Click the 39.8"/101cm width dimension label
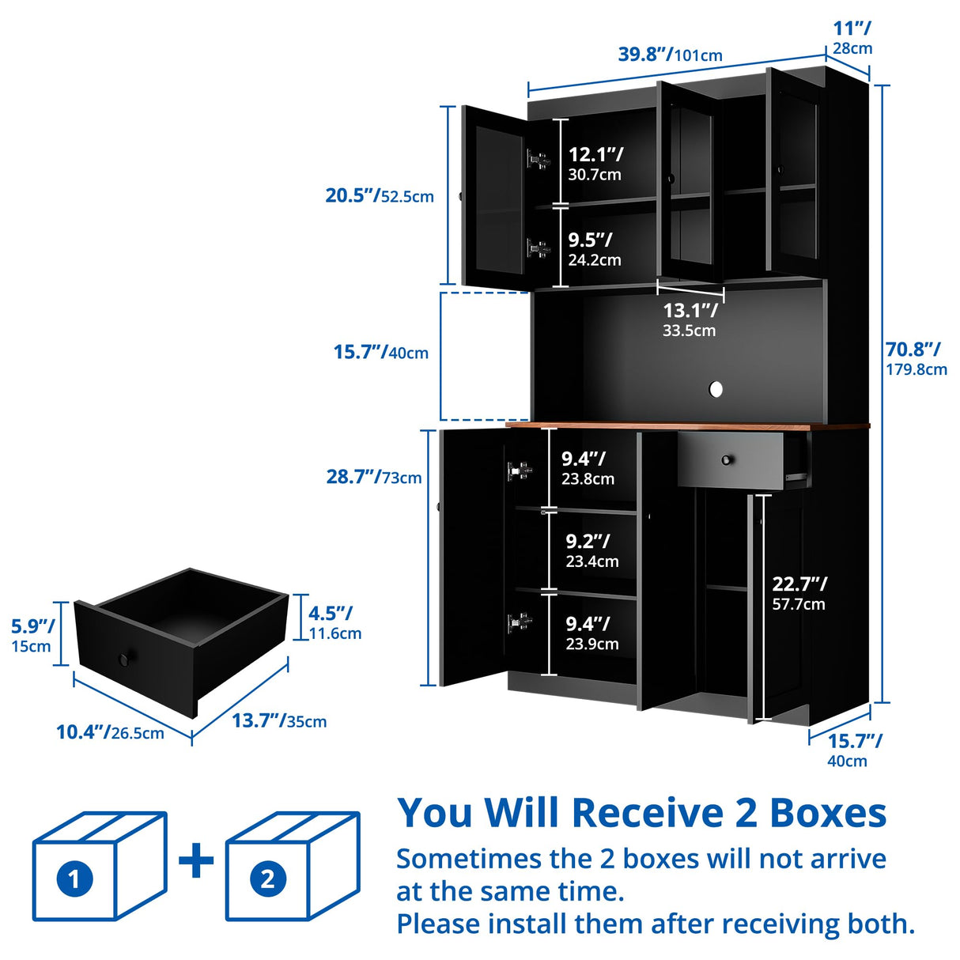[x=670, y=55]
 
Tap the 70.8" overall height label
[x=916, y=358]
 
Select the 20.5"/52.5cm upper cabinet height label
[x=380, y=195]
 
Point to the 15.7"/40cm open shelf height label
[x=380, y=352]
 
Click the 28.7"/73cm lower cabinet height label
[x=374, y=477]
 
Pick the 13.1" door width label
[x=690, y=319]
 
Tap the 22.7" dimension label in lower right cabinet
[x=799, y=593]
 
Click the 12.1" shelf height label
[x=595, y=163]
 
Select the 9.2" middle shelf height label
[x=591, y=550]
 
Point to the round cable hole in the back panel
[x=716, y=389]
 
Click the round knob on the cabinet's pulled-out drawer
[x=727, y=460]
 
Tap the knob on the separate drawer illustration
[x=125, y=659]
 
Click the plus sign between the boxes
[x=197, y=861]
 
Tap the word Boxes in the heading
[x=828, y=813]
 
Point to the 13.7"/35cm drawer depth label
[x=278, y=720]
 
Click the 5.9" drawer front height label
[x=32, y=635]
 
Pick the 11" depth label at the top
[x=852, y=37]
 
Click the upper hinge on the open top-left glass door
[x=538, y=160]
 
